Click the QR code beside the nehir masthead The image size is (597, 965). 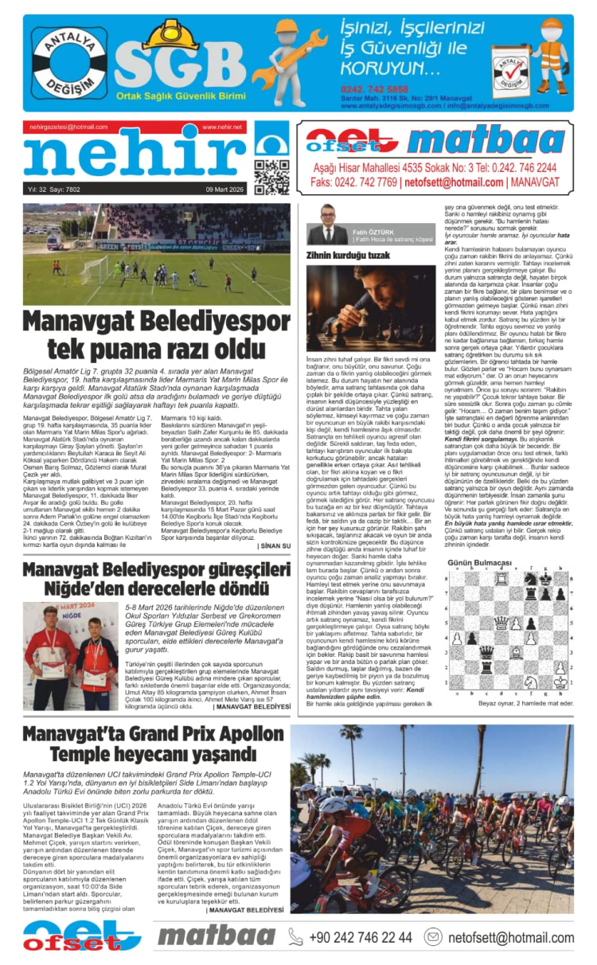pos(271,177)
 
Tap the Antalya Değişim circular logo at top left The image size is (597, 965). pos(69,63)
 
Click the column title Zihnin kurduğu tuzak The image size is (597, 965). pos(348,255)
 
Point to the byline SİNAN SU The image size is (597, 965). pos(275,545)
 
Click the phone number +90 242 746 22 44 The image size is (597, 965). pos(361,937)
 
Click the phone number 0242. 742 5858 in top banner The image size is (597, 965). pos(374,88)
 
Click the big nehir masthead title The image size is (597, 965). pos(127,156)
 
